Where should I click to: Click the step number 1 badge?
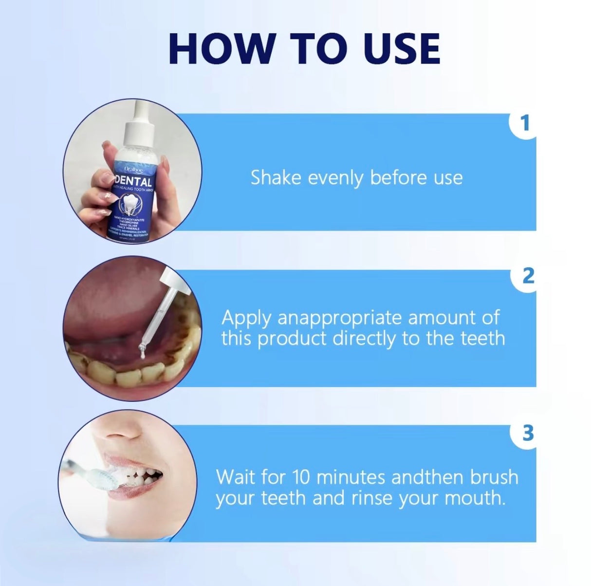[x=524, y=123]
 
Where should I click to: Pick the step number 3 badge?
[x=527, y=433]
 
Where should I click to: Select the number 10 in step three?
[x=302, y=476]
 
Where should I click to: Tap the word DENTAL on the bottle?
[x=133, y=181]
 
